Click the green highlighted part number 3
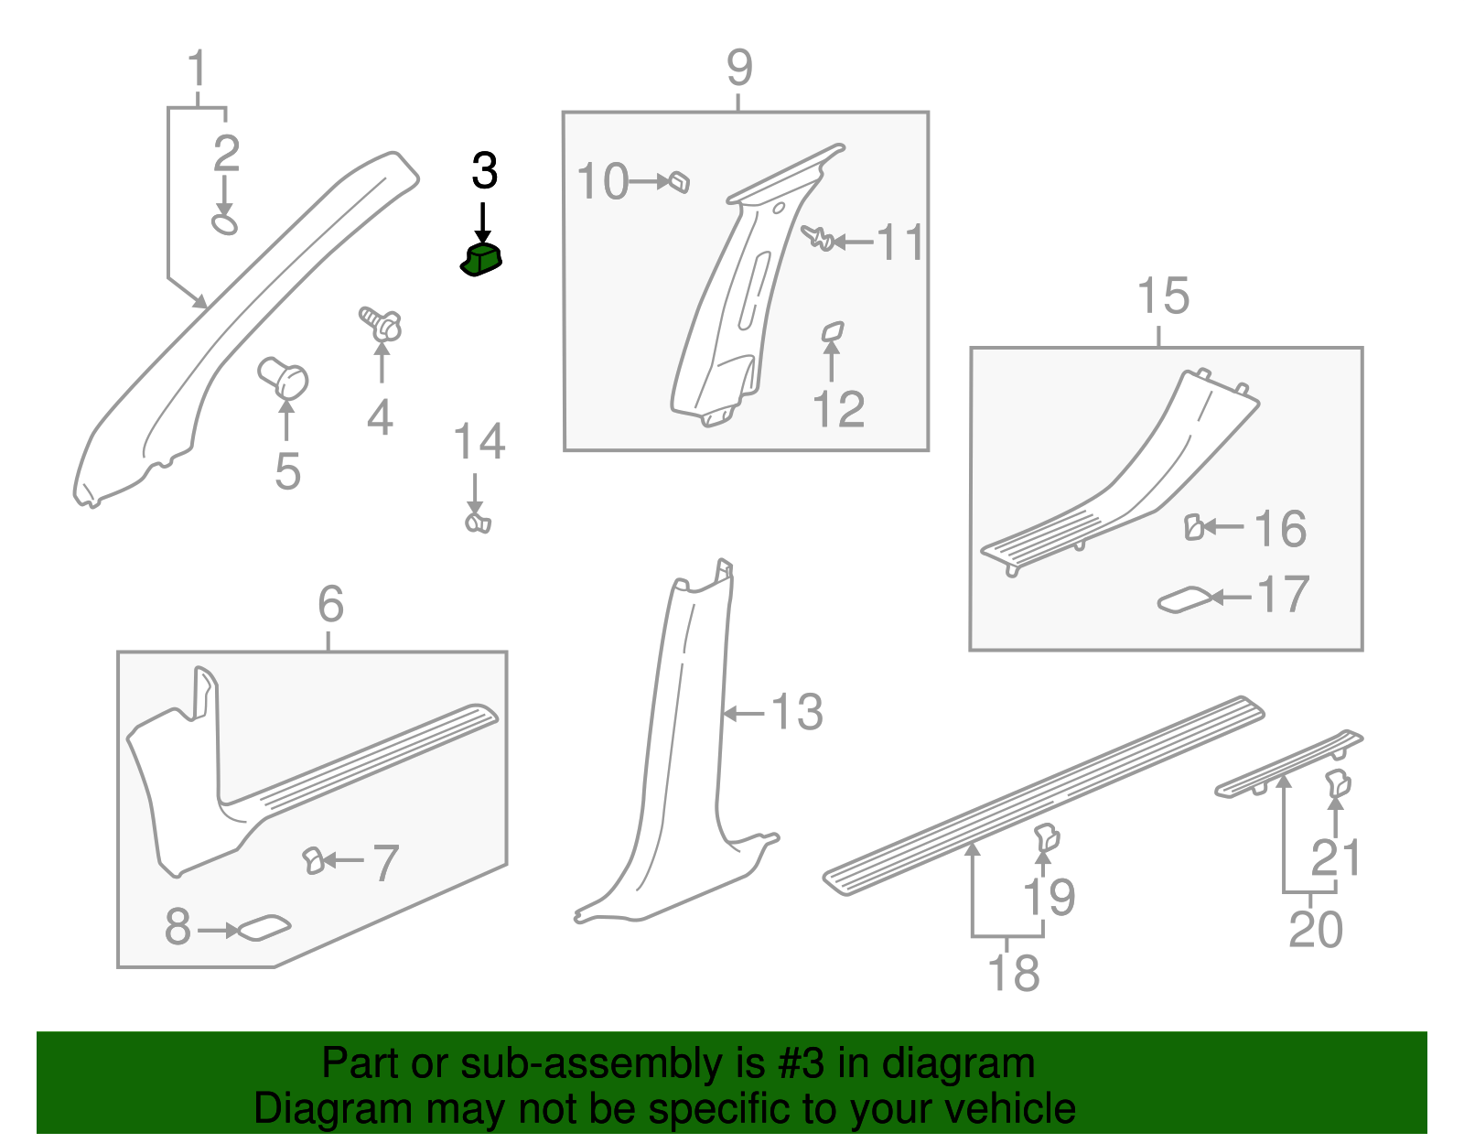(481, 260)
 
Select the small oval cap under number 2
(224, 224)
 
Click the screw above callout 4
(381, 324)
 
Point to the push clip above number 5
(283, 378)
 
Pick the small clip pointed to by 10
(678, 182)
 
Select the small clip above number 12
(833, 331)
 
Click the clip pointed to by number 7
(313, 861)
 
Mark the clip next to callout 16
(1194, 527)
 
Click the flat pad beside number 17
(1185, 599)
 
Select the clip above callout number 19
(1047, 837)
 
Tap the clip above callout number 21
(1338, 782)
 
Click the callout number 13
(797, 712)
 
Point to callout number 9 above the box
(739, 68)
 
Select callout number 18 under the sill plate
(1013, 973)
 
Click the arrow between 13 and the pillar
(743, 713)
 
